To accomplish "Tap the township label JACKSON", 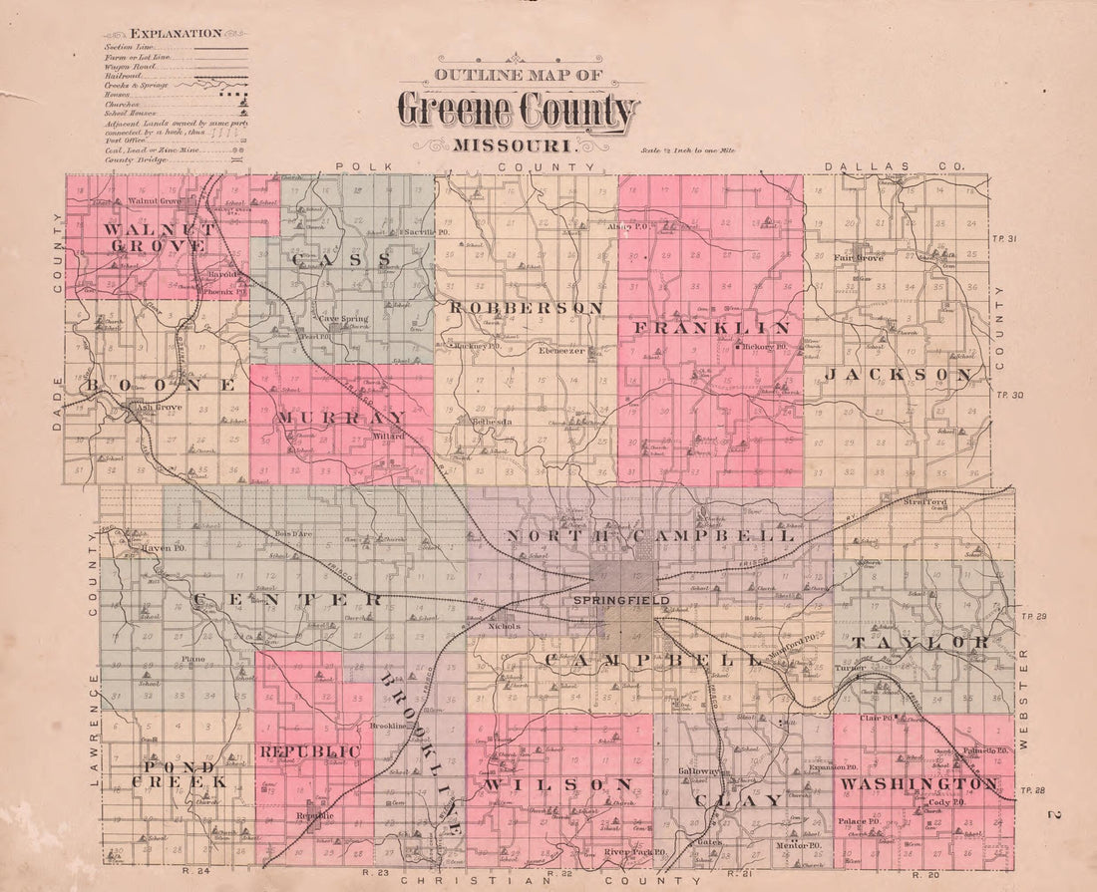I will [899, 375].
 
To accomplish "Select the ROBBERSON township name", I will [527, 308].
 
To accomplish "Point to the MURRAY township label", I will [342, 417].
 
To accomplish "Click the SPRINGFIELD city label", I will [620, 601].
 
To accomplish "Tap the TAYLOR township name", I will [919, 642].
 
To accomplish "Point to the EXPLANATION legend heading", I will [176, 33].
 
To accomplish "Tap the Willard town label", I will [388, 437].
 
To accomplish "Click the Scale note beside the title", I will [688, 151].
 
